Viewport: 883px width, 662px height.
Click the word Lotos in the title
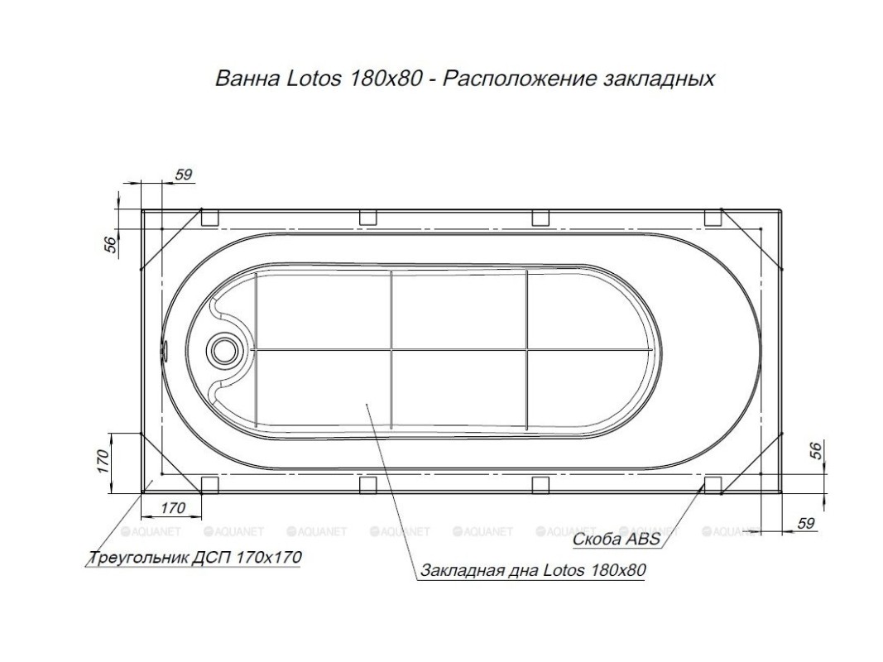click(x=314, y=79)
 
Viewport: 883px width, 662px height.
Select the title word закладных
click(x=660, y=79)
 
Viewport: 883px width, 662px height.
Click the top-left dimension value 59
click(x=184, y=175)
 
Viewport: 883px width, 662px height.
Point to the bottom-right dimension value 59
click(x=806, y=523)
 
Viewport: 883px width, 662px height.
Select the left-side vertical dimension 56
click(x=111, y=244)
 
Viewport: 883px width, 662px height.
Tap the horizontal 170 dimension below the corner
click(x=173, y=508)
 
